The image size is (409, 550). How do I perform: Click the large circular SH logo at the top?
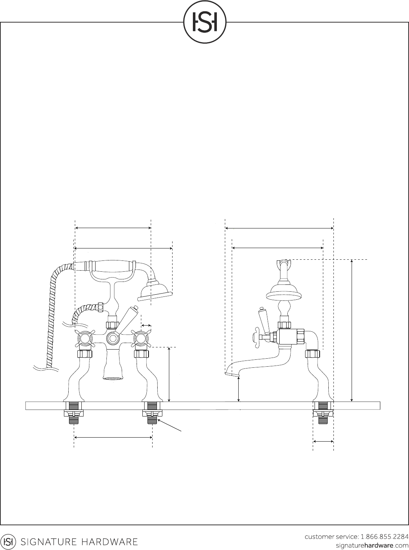click(204, 22)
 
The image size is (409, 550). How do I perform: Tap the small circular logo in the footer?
click(8, 542)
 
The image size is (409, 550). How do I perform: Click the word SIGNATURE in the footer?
click(49, 542)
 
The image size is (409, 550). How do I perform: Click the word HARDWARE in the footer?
click(110, 542)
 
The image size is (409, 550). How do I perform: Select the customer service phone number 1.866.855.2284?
click(385, 537)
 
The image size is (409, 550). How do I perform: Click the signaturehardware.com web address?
click(372, 546)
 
